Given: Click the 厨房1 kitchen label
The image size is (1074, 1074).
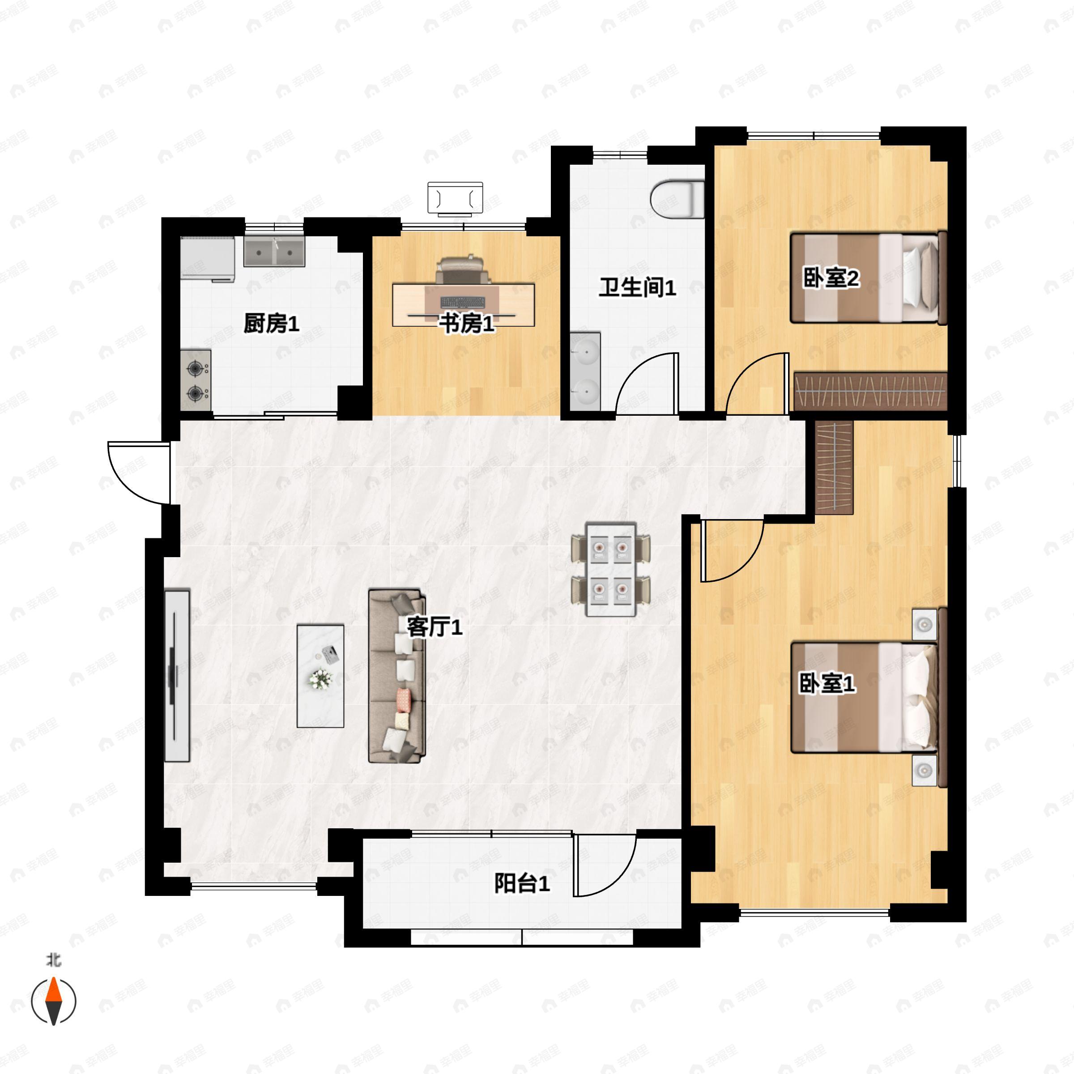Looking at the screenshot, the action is click(x=271, y=324).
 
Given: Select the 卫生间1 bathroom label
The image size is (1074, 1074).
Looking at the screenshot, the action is click(x=637, y=287).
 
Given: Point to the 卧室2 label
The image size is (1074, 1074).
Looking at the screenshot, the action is click(x=831, y=278).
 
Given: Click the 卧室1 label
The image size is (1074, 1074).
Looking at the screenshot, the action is click(x=827, y=684).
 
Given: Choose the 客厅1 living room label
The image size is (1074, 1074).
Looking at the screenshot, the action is click(x=435, y=627).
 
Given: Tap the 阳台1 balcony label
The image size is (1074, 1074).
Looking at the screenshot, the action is click(x=522, y=883).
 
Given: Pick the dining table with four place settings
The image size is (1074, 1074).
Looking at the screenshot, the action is click(x=611, y=569).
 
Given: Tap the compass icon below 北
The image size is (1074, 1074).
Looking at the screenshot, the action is click(x=53, y=1017).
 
